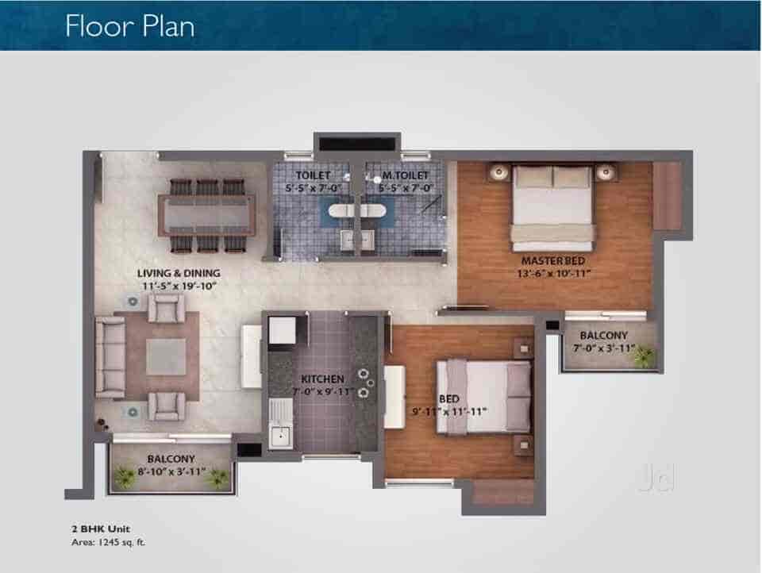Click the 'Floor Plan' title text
pos(130,25)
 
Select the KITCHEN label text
pos(322,379)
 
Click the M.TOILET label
pos(405,175)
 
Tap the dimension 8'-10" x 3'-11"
pos(170,471)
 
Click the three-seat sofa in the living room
pos(109,357)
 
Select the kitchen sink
pos(279,436)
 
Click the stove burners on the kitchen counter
pos(366,382)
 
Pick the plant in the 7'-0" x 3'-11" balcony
pos(644,357)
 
